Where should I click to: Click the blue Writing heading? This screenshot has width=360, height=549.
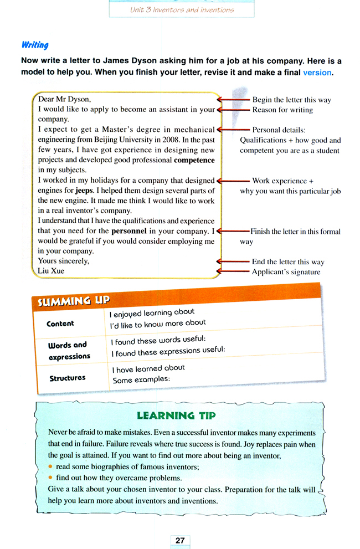coord(35,45)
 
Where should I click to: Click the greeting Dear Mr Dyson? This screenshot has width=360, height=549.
coord(64,100)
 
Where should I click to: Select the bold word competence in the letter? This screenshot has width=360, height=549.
coord(194,160)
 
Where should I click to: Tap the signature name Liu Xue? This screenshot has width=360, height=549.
coord(52,271)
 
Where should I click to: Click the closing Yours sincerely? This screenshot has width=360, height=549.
coord(64,261)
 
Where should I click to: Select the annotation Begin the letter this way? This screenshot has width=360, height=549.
coord(291,100)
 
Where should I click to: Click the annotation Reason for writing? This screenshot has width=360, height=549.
coord(282,110)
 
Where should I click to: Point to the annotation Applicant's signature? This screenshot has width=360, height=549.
coord(286,272)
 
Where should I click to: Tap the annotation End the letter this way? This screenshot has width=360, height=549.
coord(288,262)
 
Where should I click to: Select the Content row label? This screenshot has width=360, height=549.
coord(60,324)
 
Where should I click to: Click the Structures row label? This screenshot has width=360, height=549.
coord(68,378)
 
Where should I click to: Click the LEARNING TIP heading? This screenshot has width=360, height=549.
coord(176,415)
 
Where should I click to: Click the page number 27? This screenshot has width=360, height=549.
coord(180,540)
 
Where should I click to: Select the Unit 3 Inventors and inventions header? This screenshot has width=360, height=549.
coord(182,9)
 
